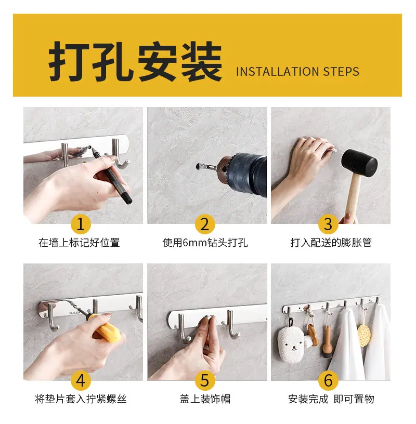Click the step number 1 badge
tap(81, 224)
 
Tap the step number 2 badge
tap(205, 224)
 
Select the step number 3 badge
tap(328, 224)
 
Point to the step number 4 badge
tap(81, 380)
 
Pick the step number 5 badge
tap(205, 380)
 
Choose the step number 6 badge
tap(328, 380)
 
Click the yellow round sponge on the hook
tap(364, 335)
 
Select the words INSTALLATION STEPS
tap(297, 72)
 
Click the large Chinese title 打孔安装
tap(135, 61)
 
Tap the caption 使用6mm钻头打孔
tap(205, 243)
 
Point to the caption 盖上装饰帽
tap(205, 399)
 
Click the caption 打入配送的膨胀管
tap(331, 243)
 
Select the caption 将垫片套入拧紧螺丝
tap(81, 399)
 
